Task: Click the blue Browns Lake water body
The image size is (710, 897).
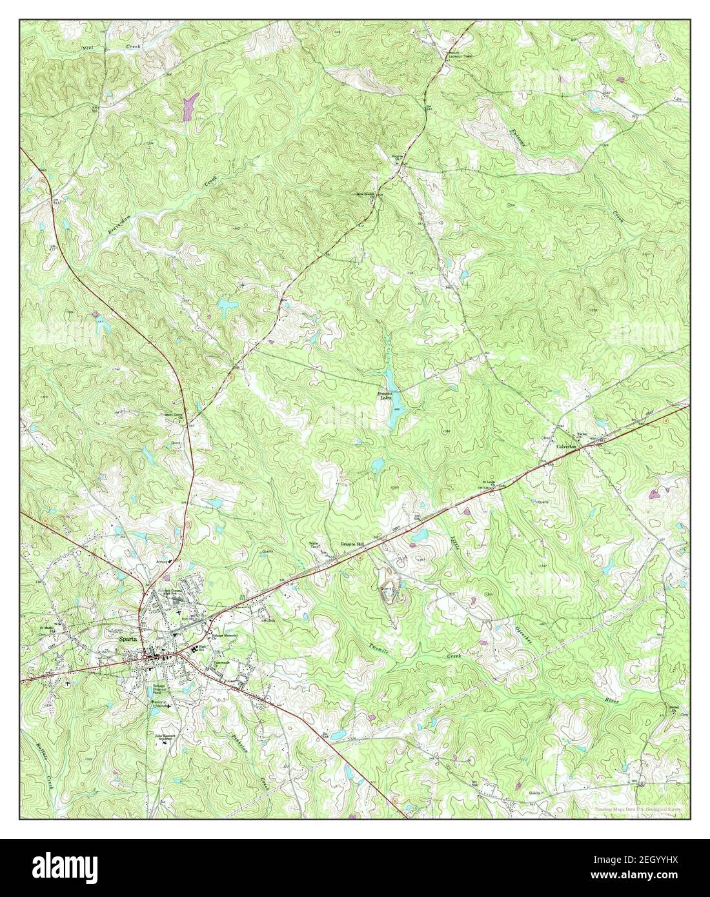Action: click(x=392, y=413)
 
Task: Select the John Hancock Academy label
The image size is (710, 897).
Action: click(x=166, y=736)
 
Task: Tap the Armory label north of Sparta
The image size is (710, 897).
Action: click(x=161, y=561)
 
